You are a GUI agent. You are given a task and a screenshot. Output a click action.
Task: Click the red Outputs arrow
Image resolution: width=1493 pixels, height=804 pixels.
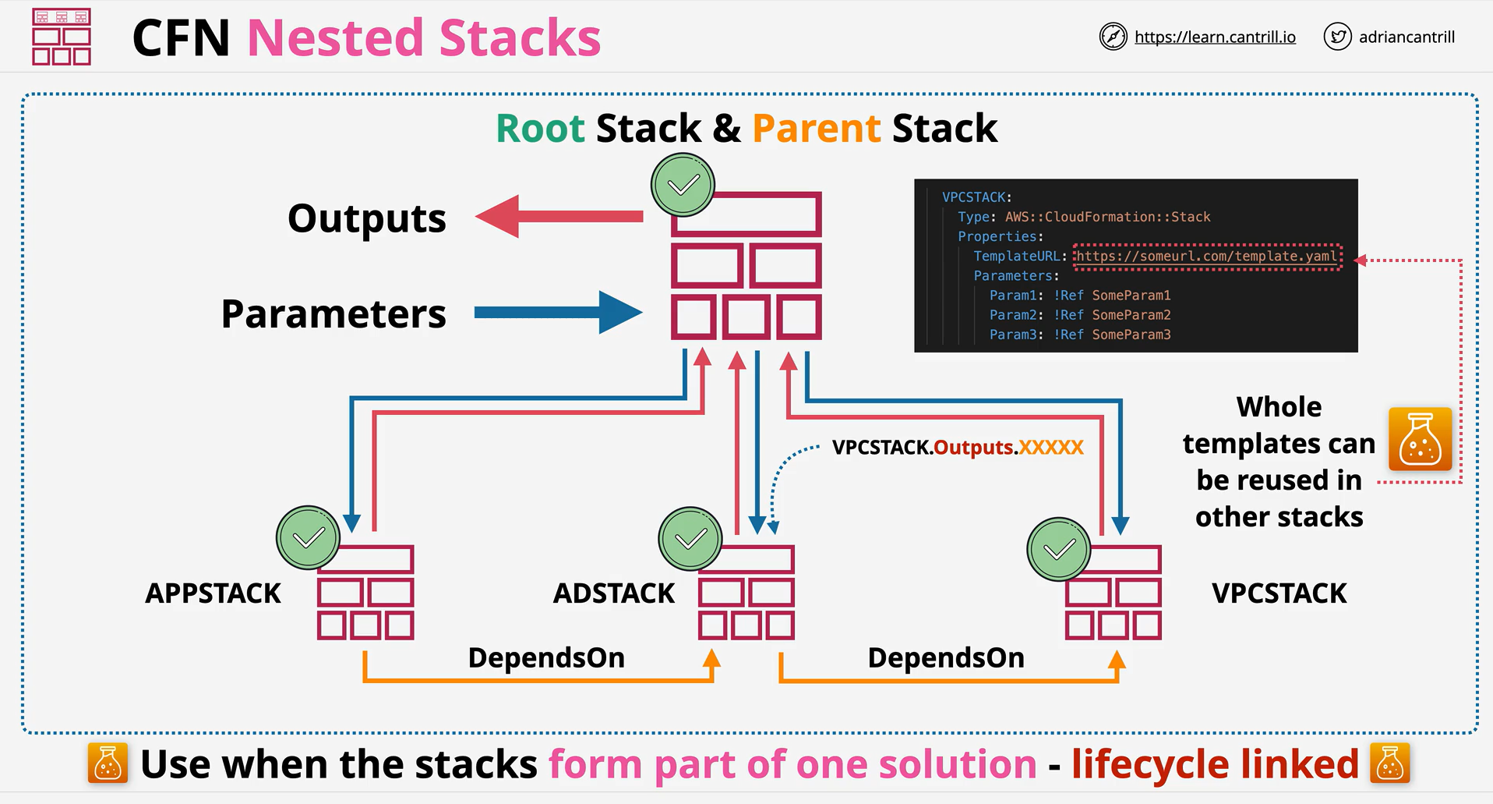(559, 217)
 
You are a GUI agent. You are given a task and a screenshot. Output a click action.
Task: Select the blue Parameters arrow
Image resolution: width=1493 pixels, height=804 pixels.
(559, 313)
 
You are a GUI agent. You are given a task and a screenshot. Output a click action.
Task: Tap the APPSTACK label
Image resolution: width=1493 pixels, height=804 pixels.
(213, 593)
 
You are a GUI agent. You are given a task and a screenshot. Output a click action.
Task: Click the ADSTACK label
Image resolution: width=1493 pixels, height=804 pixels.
(614, 593)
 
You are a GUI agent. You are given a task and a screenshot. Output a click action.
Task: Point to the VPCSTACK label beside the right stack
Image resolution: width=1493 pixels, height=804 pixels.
(1279, 593)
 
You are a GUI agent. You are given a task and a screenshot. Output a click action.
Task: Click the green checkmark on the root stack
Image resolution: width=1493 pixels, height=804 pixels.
(683, 185)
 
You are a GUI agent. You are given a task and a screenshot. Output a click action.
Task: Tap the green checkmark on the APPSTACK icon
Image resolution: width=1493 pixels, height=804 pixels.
(309, 538)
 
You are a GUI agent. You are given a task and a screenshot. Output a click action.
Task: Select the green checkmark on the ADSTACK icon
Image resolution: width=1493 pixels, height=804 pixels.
(690, 539)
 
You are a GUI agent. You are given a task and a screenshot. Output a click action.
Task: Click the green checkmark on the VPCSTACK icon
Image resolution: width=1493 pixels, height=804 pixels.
(1059, 550)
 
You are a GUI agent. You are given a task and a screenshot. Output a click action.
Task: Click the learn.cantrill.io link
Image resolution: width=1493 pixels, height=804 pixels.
(1215, 37)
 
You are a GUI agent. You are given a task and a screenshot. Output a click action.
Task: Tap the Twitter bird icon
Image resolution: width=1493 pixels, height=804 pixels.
(1337, 37)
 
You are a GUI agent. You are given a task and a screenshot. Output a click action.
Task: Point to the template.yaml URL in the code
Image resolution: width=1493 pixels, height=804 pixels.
(1207, 256)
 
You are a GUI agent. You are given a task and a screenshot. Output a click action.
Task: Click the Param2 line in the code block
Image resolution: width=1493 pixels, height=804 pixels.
(1080, 315)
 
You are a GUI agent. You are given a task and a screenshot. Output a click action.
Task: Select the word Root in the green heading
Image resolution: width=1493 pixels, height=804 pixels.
(540, 129)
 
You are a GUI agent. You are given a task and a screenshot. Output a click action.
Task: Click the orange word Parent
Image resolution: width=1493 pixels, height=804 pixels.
(817, 129)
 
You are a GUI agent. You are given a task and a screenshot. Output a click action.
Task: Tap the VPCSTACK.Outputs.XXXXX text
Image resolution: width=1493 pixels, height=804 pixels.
(958, 448)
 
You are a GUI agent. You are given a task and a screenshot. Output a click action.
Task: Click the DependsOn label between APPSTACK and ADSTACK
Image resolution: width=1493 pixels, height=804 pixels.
(546, 658)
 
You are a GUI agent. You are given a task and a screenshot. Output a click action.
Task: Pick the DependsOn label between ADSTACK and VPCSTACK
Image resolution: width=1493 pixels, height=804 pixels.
(946, 658)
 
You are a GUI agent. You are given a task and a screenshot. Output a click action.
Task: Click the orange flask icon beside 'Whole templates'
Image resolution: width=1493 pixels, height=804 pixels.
(1420, 439)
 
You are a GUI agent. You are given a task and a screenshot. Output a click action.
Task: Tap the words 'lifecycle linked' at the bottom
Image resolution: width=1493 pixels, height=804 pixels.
(1215, 764)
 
